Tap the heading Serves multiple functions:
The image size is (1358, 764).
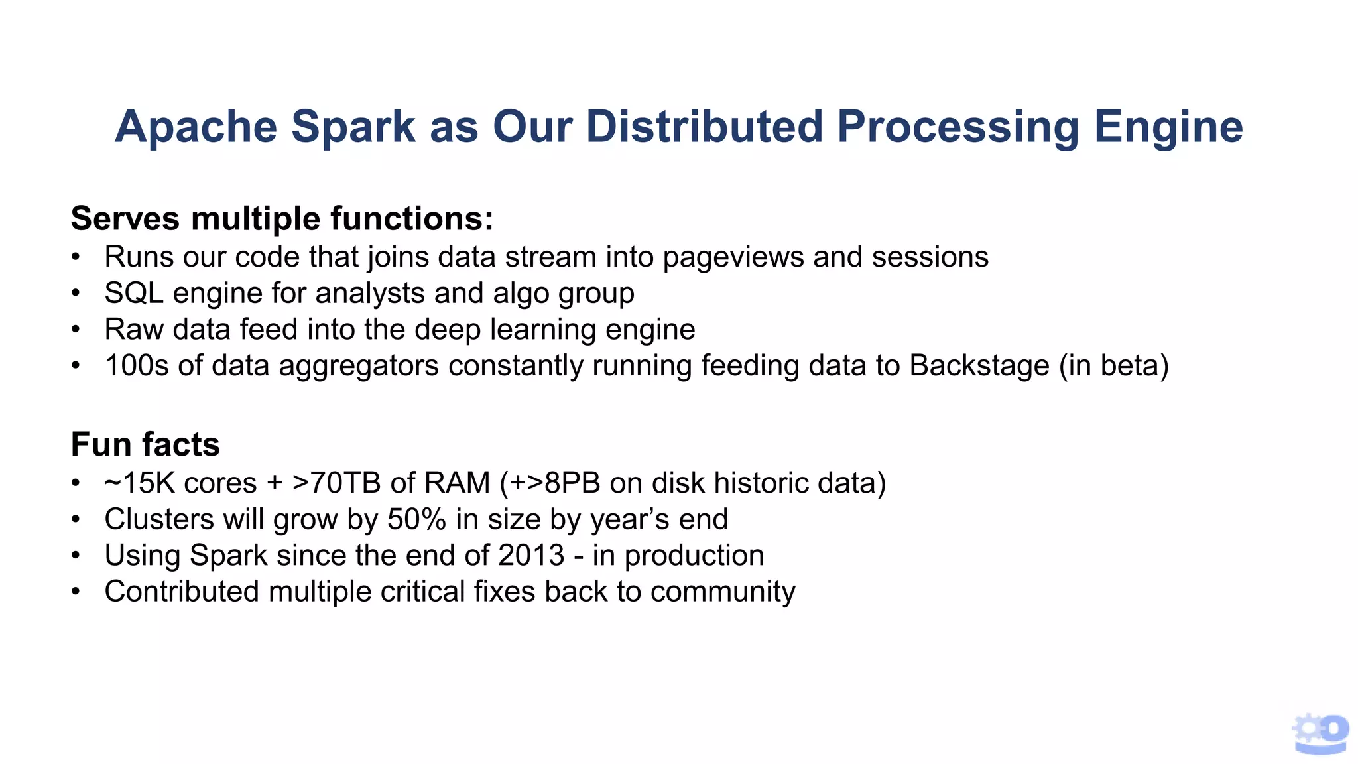click(x=282, y=218)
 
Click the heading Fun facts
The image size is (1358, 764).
click(x=145, y=444)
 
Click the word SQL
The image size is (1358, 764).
click(x=134, y=293)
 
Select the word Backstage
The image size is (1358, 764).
click(x=979, y=365)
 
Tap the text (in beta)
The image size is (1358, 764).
click(x=1113, y=365)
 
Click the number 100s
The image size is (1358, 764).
click(x=137, y=365)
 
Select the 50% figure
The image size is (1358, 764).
click(x=416, y=519)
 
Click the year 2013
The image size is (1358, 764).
click(x=531, y=555)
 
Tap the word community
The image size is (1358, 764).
click(x=723, y=592)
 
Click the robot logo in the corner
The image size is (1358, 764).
click(x=1320, y=733)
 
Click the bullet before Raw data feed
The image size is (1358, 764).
click(x=76, y=330)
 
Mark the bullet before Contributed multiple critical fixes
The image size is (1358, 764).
click(x=76, y=592)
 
